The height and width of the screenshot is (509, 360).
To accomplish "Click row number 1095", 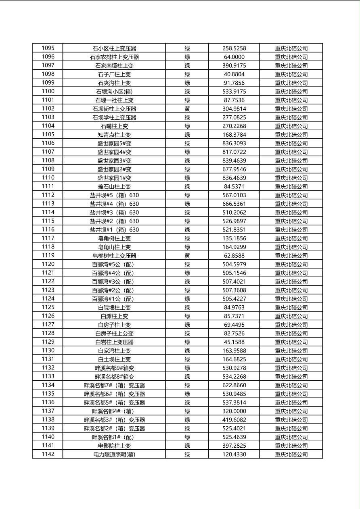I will coord(48,48).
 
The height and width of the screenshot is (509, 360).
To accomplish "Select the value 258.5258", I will coord(234,48).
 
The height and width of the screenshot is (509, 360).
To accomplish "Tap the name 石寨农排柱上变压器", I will coord(114,57).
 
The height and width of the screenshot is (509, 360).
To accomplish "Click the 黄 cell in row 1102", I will coord(187,109).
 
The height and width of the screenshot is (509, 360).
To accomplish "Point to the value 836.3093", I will coord(234,143).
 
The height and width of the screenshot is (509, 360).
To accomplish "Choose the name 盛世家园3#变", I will coord(114,161).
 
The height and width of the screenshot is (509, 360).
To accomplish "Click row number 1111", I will coord(48,186).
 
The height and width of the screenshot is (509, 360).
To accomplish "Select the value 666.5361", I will coord(234,204).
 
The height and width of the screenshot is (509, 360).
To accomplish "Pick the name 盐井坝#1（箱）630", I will coord(114,230).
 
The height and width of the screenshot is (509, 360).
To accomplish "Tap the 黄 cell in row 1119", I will coord(187,256).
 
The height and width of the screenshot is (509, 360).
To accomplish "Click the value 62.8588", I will coord(234,256).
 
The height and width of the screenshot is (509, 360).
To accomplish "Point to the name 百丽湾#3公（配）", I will coord(114,282).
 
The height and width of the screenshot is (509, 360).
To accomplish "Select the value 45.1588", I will coord(234,342).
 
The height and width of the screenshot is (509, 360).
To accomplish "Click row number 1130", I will coord(48,350).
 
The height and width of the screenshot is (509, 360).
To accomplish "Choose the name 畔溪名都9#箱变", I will coord(114,368).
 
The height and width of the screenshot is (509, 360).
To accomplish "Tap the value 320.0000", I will coord(234,411).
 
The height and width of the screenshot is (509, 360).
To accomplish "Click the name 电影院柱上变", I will coord(114,446).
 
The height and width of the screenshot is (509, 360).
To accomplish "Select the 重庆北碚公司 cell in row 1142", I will coord(291,454).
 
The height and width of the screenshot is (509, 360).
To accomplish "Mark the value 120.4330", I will coord(234,454).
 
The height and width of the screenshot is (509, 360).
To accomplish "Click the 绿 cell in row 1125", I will coord(187,307).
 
